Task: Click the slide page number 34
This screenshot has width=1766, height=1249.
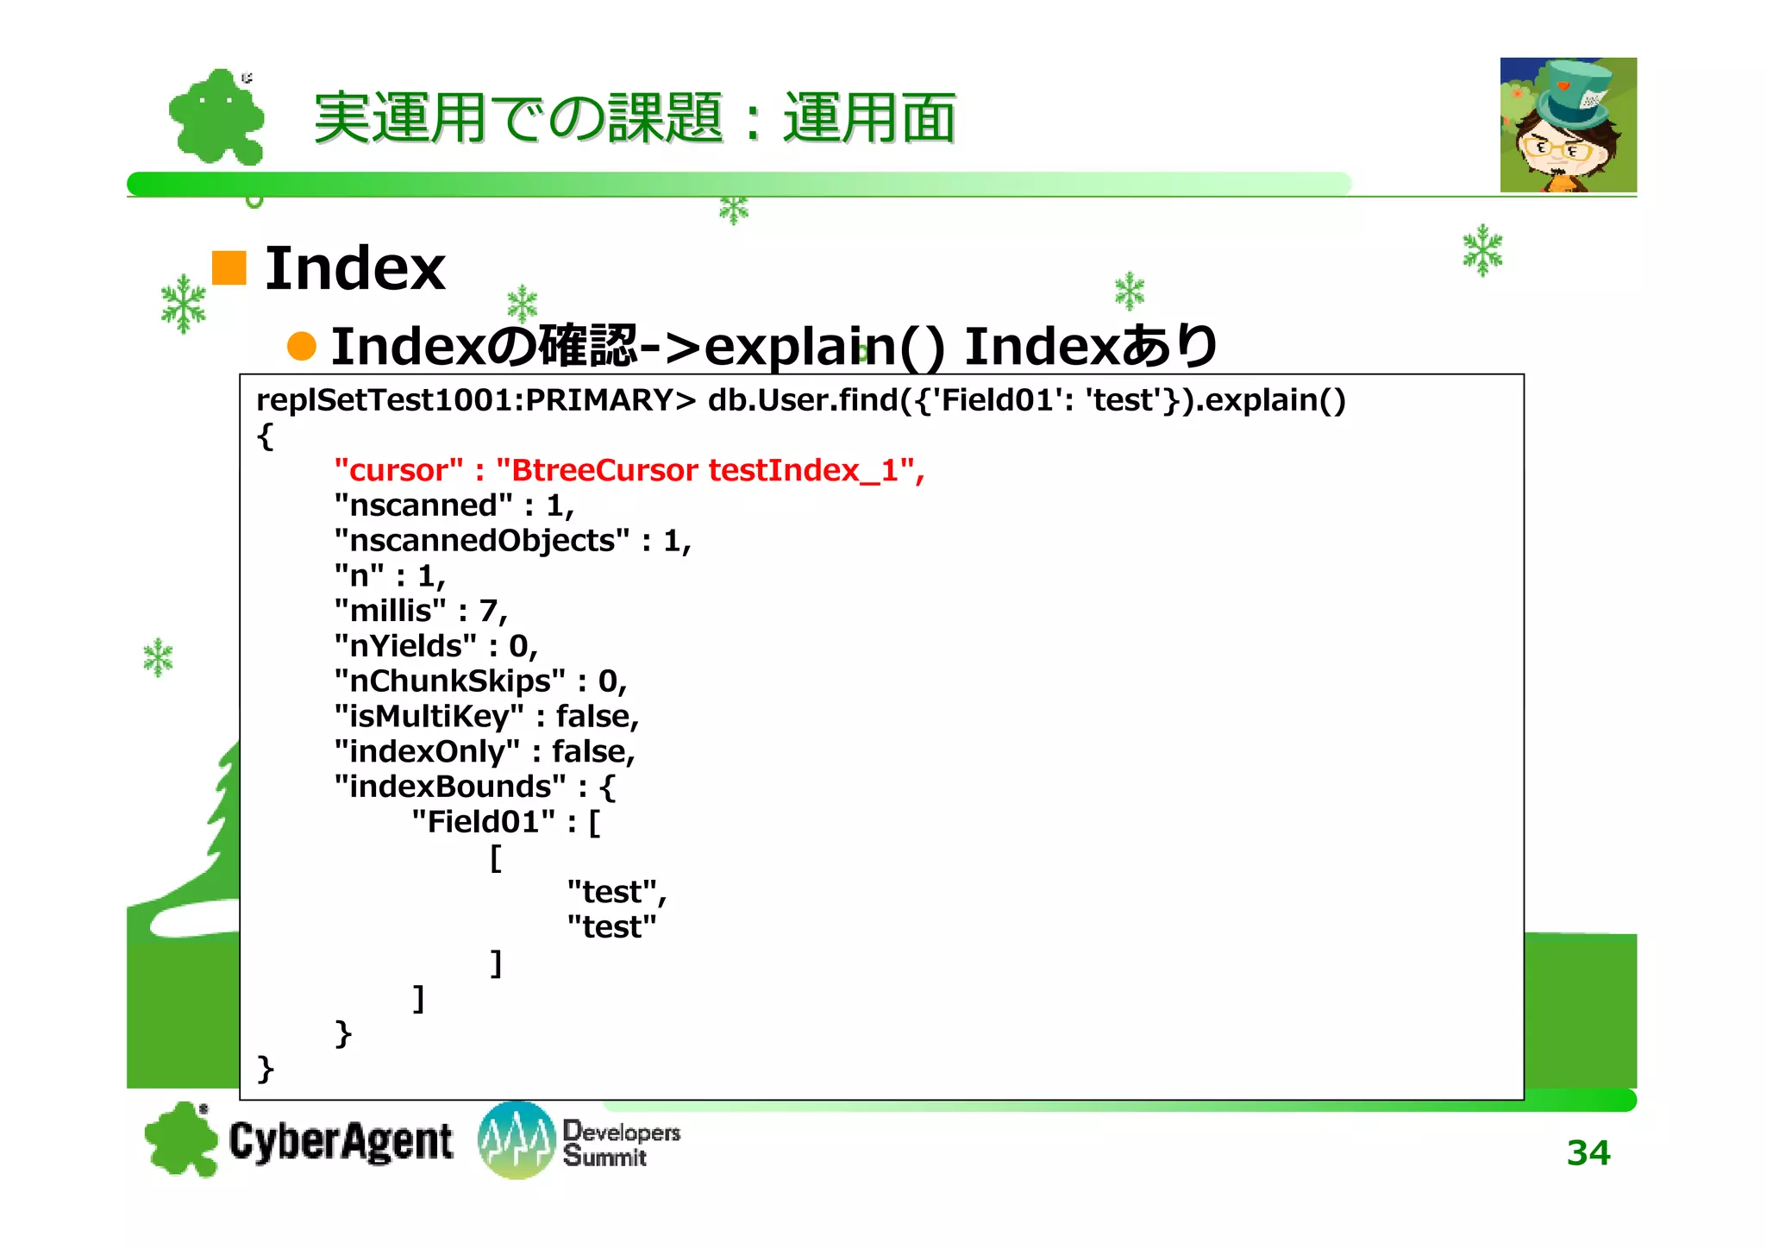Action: point(1588,1152)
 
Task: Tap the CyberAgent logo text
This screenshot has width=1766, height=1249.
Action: point(341,1141)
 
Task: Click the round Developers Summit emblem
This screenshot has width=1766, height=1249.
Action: point(516,1139)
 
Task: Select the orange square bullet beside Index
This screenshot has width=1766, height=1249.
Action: point(229,267)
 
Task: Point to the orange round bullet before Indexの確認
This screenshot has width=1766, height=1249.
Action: point(302,346)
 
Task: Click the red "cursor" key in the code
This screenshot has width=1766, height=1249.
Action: point(398,470)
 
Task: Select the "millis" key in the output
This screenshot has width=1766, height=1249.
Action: point(391,611)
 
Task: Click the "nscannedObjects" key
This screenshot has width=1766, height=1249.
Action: point(481,541)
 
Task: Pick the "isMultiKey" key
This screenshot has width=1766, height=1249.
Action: point(429,716)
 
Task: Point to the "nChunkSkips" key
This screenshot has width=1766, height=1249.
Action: point(449,681)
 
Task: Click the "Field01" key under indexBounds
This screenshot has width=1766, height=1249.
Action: point(483,822)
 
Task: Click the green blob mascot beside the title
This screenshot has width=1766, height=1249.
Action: point(216,117)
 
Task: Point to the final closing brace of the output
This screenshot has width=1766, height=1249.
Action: point(266,1069)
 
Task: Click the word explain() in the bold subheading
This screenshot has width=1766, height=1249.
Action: point(824,346)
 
